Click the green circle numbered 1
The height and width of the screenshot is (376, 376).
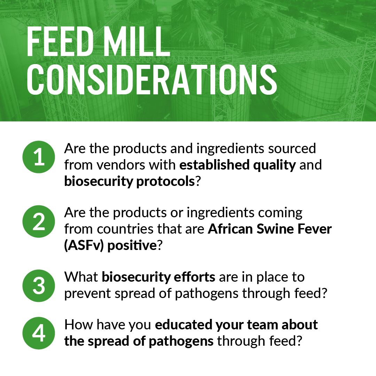tap(39, 157)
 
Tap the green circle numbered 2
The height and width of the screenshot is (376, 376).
tap(39, 221)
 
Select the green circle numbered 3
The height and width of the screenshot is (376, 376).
tap(39, 285)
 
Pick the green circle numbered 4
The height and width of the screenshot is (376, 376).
tap(39, 333)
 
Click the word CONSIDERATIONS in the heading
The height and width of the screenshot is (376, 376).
tap(152, 80)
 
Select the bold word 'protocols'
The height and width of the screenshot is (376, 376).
tap(165, 181)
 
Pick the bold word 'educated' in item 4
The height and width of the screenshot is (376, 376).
tap(183, 325)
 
